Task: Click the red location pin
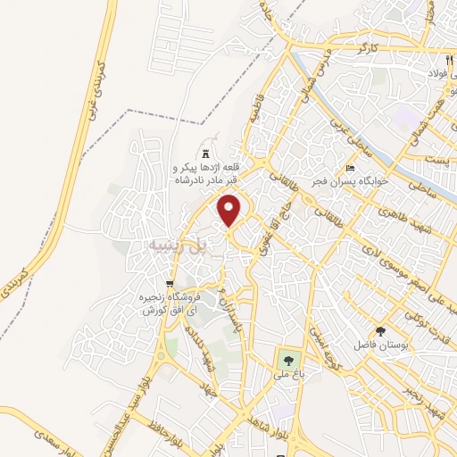(x=230, y=211)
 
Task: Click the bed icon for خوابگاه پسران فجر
(x=351, y=168)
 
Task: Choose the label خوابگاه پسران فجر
(x=386, y=179)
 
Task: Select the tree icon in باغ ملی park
(x=287, y=361)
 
